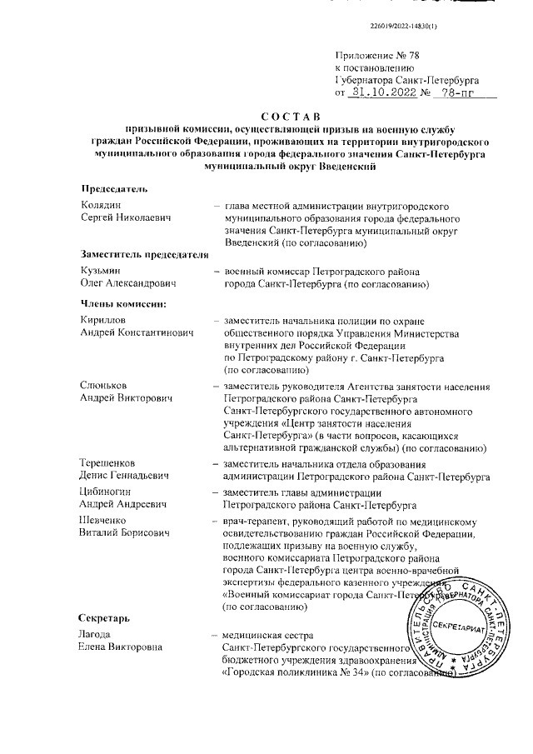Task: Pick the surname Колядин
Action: (x=101, y=205)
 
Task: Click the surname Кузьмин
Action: (x=100, y=271)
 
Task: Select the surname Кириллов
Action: (x=103, y=320)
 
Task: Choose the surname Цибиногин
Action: (x=107, y=492)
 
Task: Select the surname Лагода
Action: (x=96, y=635)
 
